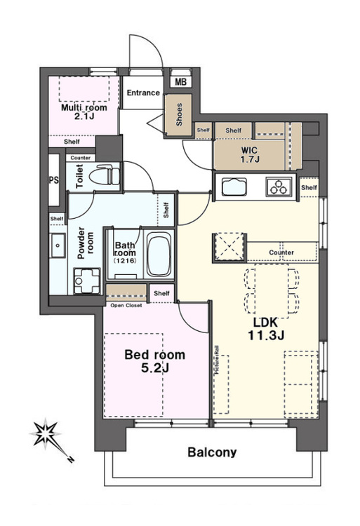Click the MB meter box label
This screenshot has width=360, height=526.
pos(181,81)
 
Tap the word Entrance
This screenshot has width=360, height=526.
pos(143,93)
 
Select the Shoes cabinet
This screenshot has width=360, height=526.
pos(178,115)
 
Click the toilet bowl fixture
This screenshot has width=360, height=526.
pos(108,174)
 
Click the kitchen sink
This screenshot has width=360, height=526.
pos(234,187)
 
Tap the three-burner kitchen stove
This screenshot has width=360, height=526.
pos(279,187)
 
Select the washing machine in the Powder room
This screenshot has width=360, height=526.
pos(87,281)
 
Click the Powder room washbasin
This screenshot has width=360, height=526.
pos(58,245)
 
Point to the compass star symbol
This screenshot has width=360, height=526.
pos(46,433)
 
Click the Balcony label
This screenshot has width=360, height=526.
pos(212,452)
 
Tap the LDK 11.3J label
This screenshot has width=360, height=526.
pos(266,329)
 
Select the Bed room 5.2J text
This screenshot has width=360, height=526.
pos(154,361)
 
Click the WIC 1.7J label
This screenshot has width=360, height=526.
pos(249,154)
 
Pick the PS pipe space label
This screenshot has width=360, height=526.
pos(53,180)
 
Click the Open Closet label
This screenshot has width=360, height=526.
pos(126,305)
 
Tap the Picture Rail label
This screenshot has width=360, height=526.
pos(217,360)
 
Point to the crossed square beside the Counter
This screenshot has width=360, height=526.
pos(229,247)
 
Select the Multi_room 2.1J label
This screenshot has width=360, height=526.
pos(84,112)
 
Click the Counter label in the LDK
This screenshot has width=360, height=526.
pos(281,252)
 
